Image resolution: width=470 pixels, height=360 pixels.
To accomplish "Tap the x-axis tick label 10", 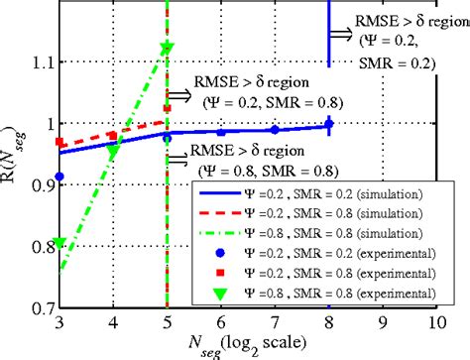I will [x=433, y=323].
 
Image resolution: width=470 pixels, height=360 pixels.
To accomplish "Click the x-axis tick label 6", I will [x=220, y=323].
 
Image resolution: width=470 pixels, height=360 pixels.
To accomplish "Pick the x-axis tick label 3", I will [x=59, y=323].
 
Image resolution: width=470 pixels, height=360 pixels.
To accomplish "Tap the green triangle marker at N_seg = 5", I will [x=167, y=48].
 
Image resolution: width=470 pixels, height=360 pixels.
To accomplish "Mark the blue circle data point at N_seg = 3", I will [x=59, y=177].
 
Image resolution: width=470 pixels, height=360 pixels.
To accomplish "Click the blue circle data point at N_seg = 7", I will [x=275, y=129].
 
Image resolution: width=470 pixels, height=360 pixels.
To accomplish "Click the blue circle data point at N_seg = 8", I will [x=328, y=124].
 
